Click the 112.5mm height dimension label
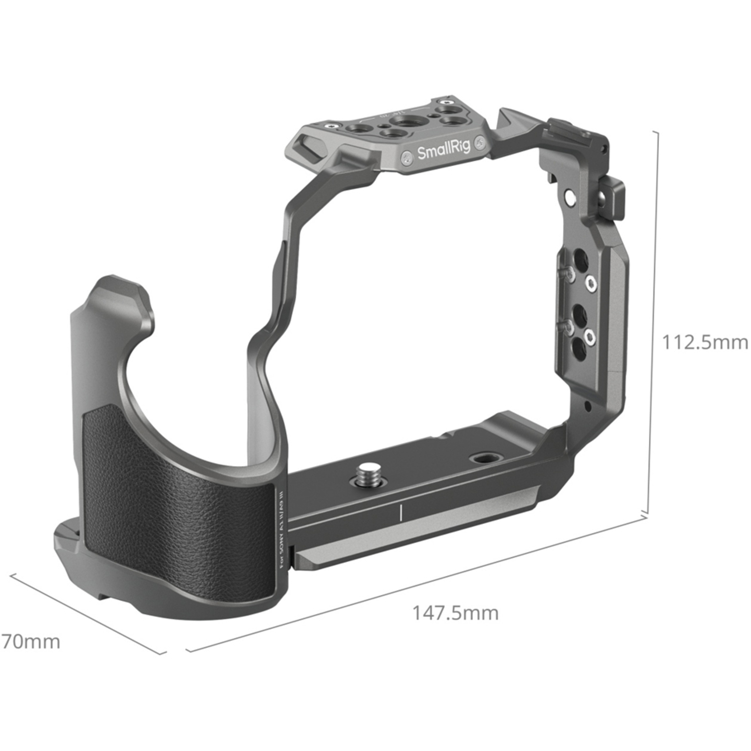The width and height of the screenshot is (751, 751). pos(704,342)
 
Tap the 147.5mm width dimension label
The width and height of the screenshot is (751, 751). pos(455,613)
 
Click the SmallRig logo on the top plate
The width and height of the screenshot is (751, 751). pos(444,149)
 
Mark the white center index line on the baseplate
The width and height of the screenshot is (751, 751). pos(401,513)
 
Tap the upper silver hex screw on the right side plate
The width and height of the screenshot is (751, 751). pos(592,284)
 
